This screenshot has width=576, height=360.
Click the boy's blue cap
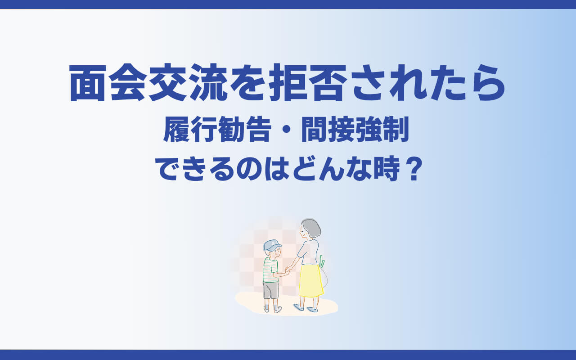pyautogui.click(x=272, y=245)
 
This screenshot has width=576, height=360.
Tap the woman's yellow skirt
pyautogui.click(x=311, y=280)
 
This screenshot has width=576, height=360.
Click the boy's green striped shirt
pyautogui.click(x=270, y=270)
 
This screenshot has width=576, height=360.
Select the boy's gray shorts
pyautogui.click(x=271, y=290)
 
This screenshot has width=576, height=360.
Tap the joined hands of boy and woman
pyautogui.click(x=288, y=269)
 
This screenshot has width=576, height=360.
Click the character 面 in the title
pyautogui.click(x=88, y=83)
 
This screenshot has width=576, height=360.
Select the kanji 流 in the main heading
pyautogui.click(x=208, y=83)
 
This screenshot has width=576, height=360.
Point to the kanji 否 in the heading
pyautogui.click(x=328, y=83)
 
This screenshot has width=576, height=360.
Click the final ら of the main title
pyautogui.click(x=487, y=83)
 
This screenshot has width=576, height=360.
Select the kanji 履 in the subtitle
pyautogui.click(x=176, y=129)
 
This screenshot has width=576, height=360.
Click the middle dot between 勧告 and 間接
pyautogui.click(x=287, y=129)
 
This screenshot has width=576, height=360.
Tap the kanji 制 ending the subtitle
pyautogui.click(x=396, y=129)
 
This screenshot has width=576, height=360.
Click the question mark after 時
pyautogui.click(x=414, y=169)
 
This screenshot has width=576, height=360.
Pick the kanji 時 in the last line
pyautogui.click(x=387, y=169)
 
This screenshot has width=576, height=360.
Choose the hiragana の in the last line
pyautogui.click(x=249, y=169)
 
